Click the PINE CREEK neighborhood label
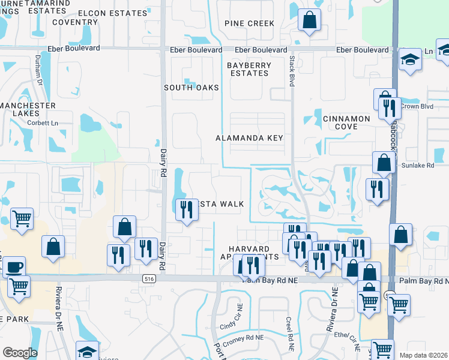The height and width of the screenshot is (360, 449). click(249, 23)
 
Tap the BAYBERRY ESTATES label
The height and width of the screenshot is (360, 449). click(249, 69)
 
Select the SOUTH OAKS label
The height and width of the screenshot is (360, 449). click(191, 88)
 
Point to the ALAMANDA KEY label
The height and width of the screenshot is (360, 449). click(249, 138)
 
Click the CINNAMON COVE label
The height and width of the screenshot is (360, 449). click(347, 122)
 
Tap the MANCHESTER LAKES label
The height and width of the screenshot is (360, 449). click(28, 110)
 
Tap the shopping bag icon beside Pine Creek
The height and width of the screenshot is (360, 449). click(310, 20)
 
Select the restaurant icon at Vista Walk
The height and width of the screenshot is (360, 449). click(186, 209)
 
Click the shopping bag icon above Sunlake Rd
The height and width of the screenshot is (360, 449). click(383, 162)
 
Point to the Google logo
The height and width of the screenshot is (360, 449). click(20, 353)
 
